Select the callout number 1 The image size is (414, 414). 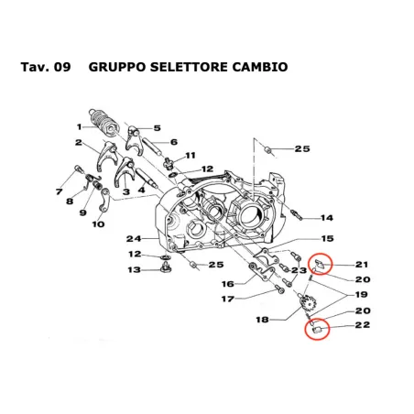[x=80, y=126]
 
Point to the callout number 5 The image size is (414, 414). [x=157, y=128]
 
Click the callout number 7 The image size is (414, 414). [x=59, y=192]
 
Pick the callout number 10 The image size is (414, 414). [x=99, y=223]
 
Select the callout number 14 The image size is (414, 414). [x=327, y=218]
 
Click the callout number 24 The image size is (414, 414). [x=133, y=238]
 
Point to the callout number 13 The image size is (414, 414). [x=134, y=269]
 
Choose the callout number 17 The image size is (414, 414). [x=226, y=299]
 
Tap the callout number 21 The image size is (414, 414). [x=361, y=265]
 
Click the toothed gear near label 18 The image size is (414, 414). [x=308, y=301]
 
